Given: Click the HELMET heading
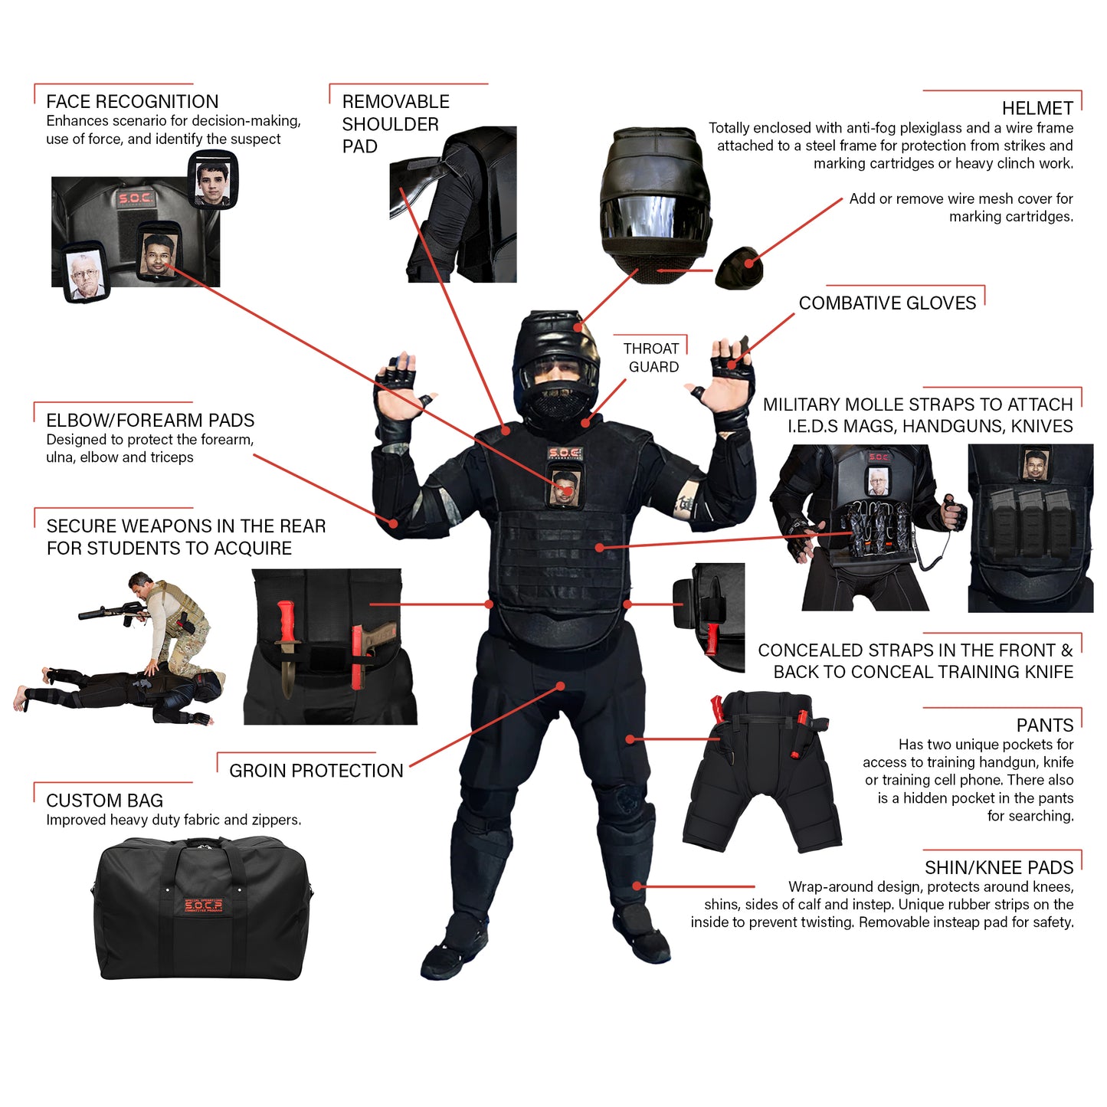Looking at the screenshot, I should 1037,108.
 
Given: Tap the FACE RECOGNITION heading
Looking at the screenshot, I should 132,101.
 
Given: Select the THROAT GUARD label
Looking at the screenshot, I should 652,357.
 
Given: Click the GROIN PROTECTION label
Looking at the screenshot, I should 316,770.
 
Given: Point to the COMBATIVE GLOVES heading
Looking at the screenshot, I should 887,303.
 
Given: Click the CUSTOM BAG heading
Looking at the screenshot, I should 104,800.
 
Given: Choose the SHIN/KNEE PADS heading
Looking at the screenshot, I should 998,867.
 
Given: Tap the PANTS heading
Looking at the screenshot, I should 1044,725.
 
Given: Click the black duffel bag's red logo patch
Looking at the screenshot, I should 203,906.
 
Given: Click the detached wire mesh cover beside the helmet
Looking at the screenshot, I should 739,268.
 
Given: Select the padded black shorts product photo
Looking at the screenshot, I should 762,774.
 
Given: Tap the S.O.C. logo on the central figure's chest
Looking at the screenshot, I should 565,454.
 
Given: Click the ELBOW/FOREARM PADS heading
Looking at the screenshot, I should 150,420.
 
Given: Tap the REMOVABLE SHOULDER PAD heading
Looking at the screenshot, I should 395,123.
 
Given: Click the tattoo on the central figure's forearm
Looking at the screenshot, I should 683,503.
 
